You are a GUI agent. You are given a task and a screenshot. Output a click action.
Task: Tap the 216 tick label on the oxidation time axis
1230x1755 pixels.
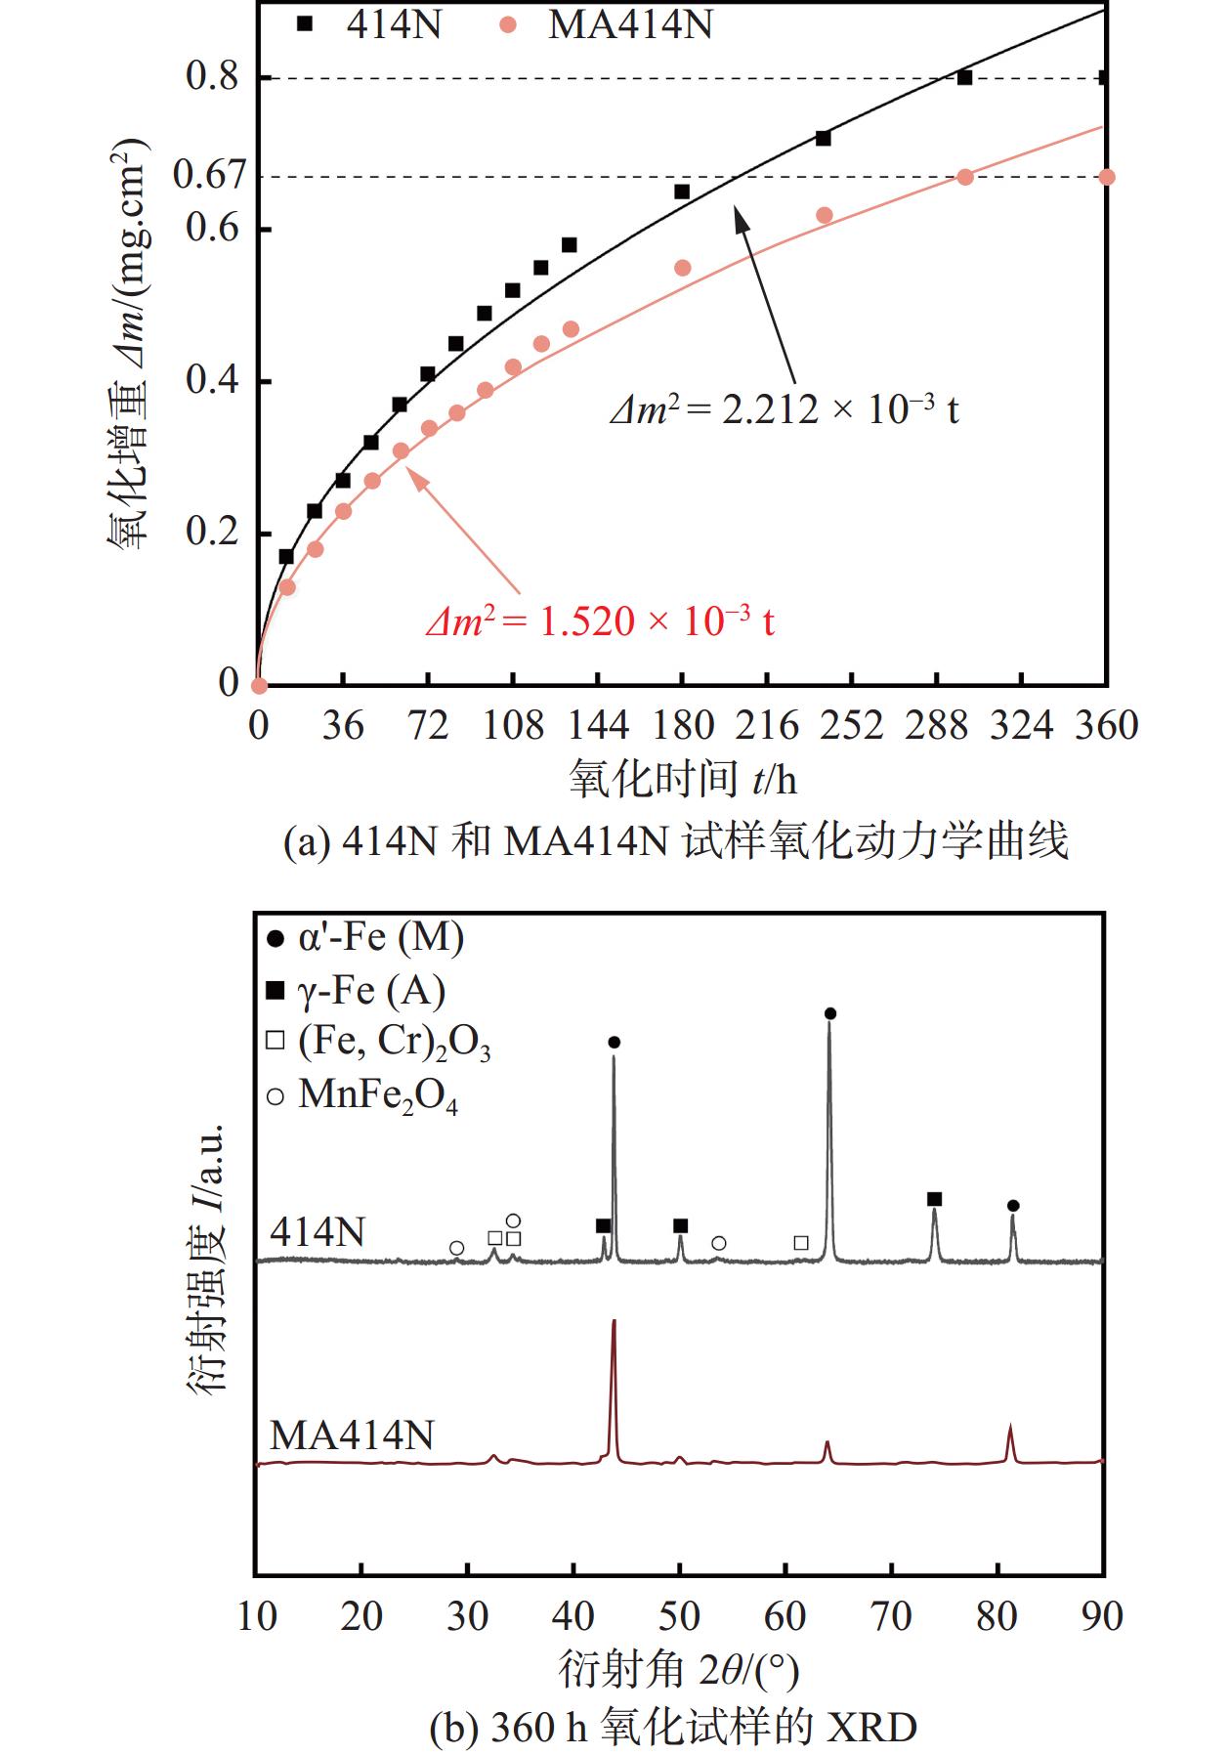click(x=767, y=726)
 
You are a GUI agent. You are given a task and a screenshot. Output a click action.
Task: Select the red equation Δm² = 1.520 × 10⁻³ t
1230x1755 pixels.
click(x=600, y=621)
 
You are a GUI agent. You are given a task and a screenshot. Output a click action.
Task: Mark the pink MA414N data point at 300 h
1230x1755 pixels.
click(x=965, y=177)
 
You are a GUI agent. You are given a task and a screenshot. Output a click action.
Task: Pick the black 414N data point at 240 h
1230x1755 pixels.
click(x=824, y=139)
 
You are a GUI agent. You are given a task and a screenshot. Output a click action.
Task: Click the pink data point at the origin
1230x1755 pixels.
click(x=259, y=685)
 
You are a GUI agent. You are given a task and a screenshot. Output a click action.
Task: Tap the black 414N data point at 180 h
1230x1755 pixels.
click(x=682, y=192)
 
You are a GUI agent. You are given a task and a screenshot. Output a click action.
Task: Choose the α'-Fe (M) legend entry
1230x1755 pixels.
click(x=365, y=938)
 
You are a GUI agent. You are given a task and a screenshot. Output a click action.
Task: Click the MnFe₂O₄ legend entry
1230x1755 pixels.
click(x=362, y=1095)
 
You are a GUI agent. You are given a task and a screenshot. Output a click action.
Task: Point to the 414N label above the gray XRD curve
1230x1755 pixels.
click(x=318, y=1232)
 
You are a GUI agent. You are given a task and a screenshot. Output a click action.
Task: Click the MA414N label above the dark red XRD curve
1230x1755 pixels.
click(x=352, y=1435)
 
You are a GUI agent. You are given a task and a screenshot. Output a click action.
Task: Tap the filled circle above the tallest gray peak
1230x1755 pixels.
click(x=830, y=1013)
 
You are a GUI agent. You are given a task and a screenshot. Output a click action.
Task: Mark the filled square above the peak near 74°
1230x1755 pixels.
click(x=934, y=1199)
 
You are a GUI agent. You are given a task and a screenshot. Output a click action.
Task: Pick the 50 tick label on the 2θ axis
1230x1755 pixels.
click(x=679, y=1616)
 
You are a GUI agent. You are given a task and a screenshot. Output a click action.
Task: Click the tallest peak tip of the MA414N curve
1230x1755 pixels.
click(x=614, y=1321)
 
